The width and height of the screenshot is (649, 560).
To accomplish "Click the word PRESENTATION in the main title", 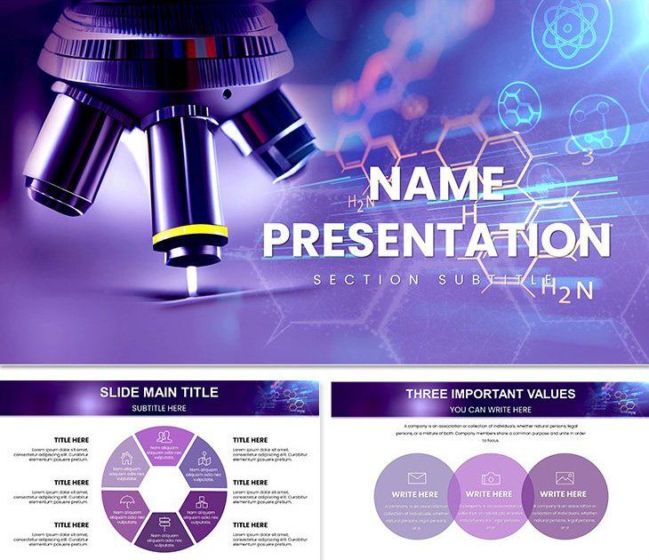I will [437, 240].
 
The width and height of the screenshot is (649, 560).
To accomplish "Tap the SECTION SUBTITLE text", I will [426, 280].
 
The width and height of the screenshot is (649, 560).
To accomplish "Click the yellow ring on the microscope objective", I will [189, 237].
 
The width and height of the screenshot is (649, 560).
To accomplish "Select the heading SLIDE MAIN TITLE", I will [159, 392].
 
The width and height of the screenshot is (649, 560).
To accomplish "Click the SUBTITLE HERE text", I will [159, 408].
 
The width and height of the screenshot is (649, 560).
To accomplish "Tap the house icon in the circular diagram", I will [126, 460].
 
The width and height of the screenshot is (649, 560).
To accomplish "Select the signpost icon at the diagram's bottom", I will [164, 524].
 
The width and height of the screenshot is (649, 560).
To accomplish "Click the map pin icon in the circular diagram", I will [203, 460].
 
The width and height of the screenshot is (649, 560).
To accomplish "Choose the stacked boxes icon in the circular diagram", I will [202, 503].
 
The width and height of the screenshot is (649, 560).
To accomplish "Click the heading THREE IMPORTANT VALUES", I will [490, 394].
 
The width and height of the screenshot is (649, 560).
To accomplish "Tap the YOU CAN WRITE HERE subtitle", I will [490, 410].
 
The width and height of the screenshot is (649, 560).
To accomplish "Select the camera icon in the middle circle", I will [490, 478].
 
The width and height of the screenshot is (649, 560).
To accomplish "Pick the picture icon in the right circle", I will [564, 478].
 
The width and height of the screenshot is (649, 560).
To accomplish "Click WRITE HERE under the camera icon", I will [490, 494].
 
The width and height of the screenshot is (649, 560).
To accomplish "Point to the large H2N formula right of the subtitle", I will [567, 288].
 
